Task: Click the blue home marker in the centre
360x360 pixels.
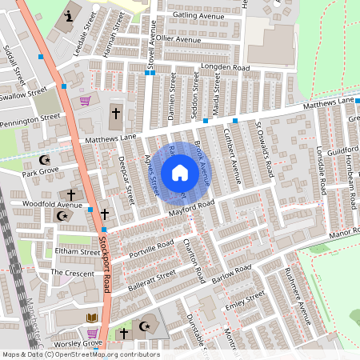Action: pos(180,173)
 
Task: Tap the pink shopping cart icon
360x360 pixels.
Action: pos(85,101)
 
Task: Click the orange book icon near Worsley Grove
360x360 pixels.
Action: pos(92,318)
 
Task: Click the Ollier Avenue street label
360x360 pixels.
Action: pos(178,38)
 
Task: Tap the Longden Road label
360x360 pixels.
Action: pos(224,67)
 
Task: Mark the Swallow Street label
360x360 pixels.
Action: pos(24,95)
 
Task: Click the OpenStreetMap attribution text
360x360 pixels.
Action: pos(80,354)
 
